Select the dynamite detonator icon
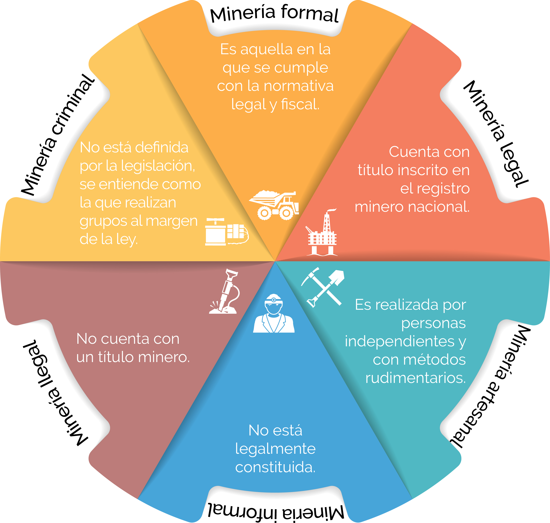click(x=226, y=232)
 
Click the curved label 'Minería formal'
click(x=274, y=14)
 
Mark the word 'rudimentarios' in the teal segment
click(x=415, y=378)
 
